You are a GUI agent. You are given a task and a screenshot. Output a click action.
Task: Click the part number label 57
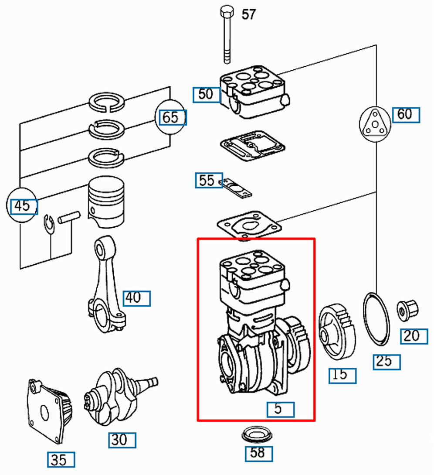pos(248,14)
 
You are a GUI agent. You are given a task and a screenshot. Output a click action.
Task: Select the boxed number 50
pos(206,94)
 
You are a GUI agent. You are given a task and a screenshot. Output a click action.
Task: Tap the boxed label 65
pos(172,118)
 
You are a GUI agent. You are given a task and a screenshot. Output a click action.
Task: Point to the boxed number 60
pos(406,114)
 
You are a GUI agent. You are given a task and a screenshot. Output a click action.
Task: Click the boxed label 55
pos(208,180)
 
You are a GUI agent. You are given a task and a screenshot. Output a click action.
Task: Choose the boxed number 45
pos(24,206)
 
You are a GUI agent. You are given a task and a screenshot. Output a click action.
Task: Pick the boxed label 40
pos(136,298)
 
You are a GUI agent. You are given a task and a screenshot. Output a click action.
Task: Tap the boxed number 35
pos(61,460)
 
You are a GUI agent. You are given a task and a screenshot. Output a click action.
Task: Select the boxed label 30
pos(122,440)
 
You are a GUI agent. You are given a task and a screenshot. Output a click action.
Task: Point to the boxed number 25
pos(386,362)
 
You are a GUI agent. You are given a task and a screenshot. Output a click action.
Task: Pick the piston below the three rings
pos(107,203)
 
